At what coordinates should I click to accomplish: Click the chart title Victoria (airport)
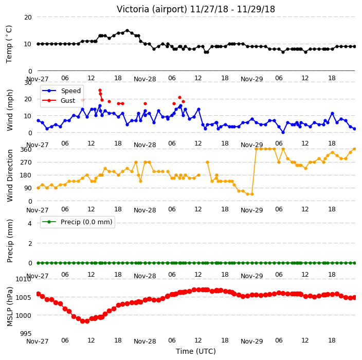[x=152, y=9]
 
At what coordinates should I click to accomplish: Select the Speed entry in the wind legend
[x=61, y=91]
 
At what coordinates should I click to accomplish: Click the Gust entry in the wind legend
[x=59, y=100]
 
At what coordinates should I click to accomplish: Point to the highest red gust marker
[x=100, y=91]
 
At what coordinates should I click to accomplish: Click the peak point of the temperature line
[x=127, y=30]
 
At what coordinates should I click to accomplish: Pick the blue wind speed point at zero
[x=283, y=132]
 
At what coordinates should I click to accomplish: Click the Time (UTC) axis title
[x=196, y=351]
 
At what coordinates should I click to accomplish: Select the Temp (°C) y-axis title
[x=9, y=44]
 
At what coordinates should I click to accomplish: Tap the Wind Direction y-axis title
[x=10, y=175]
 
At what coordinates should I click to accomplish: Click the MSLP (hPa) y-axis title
[x=10, y=307]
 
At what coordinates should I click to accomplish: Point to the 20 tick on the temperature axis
[x=28, y=17]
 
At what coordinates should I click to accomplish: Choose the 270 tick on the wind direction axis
[x=26, y=163]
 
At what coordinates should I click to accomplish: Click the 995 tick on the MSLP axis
[x=26, y=333]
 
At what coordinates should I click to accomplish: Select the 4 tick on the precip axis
[x=30, y=223]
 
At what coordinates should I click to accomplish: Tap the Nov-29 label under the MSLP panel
[x=251, y=341]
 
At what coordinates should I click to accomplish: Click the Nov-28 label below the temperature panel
[x=145, y=79]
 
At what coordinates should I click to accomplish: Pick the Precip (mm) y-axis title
[x=10, y=241]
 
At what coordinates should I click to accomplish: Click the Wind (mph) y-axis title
[x=10, y=110]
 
